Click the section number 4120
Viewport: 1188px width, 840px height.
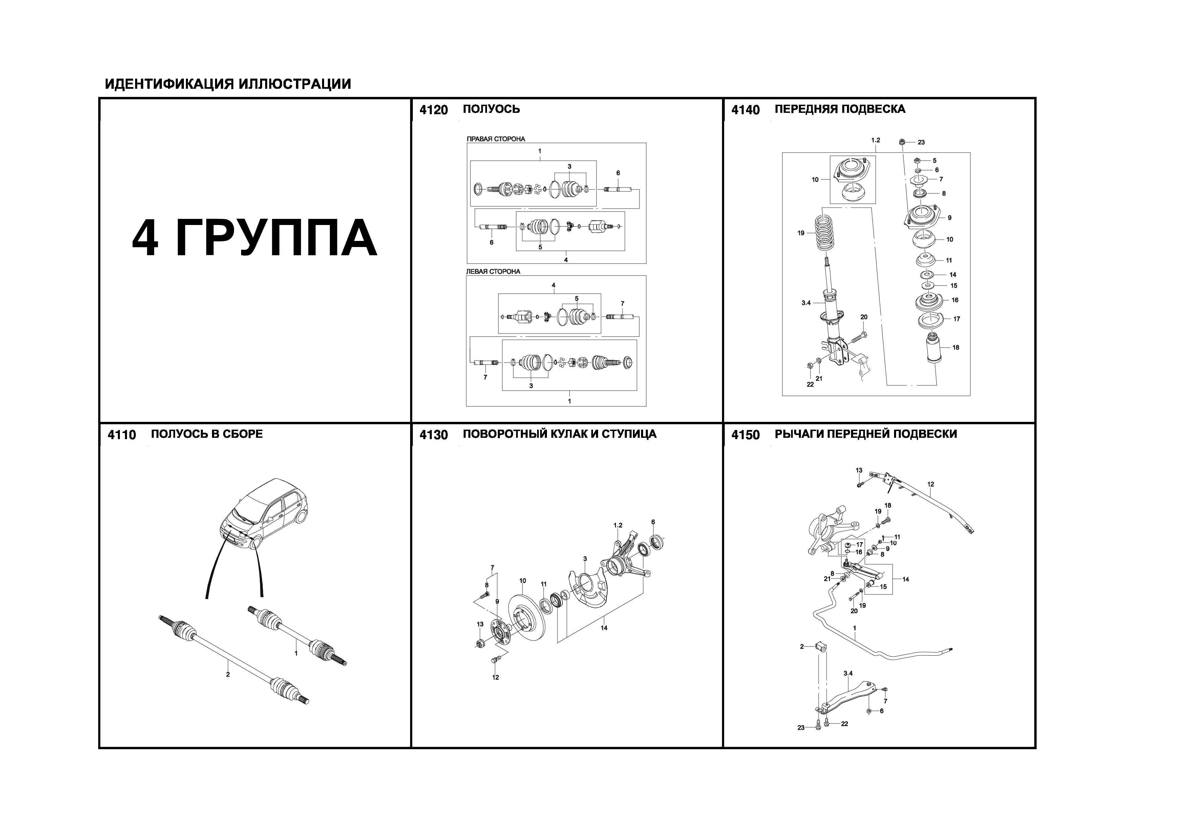tap(433, 110)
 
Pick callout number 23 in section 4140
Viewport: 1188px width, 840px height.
tap(921, 142)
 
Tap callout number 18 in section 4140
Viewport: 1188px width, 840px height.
tap(956, 347)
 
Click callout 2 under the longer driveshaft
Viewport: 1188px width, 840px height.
tap(228, 674)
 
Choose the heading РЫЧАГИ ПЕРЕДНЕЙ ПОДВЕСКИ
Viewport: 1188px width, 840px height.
tap(865, 434)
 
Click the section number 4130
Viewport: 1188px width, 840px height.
tap(433, 435)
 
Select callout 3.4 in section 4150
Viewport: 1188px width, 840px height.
tap(848, 673)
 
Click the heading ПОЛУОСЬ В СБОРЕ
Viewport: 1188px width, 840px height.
tap(207, 434)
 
